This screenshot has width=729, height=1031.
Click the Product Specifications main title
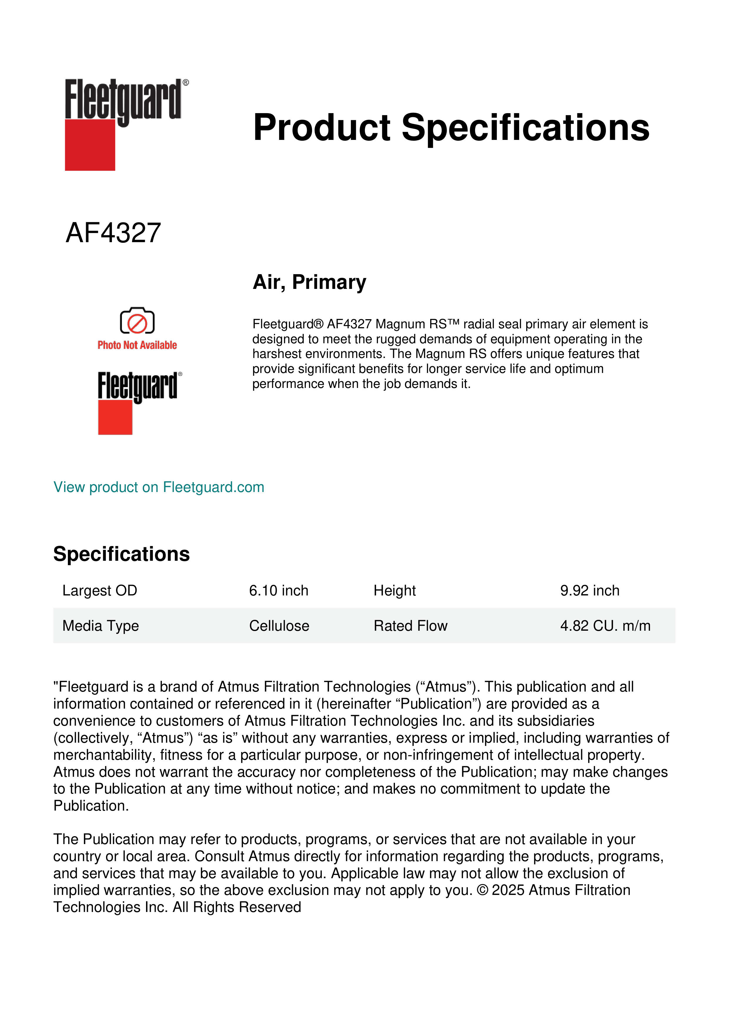[451, 128]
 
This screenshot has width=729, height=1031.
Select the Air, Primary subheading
[309, 282]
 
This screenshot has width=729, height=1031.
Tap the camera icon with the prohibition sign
[137, 321]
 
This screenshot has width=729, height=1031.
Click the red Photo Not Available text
[137, 345]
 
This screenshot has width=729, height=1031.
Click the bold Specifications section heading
[121, 554]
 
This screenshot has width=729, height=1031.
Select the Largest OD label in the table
[100, 590]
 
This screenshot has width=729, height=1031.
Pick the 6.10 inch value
[278, 590]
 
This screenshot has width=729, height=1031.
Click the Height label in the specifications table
[395, 590]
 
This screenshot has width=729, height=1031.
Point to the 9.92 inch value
[589, 590]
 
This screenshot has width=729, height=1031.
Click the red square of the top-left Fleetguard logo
[90, 145]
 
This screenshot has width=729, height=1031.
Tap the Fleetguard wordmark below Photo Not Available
[137, 386]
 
